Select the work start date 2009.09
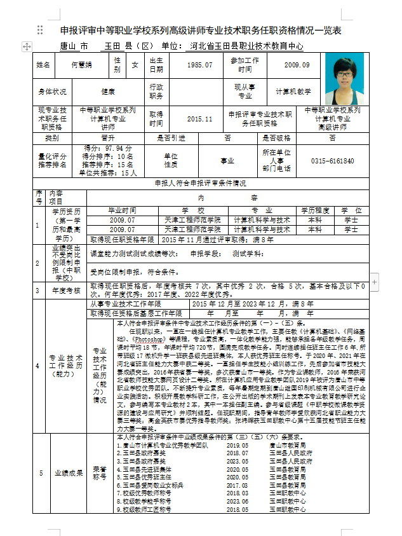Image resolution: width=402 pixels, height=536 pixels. click(x=297, y=65)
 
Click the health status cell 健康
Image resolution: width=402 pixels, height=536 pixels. click(x=108, y=92)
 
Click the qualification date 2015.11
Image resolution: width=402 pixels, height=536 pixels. click(x=200, y=119)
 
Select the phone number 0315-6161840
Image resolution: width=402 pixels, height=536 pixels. click(x=333, y=161)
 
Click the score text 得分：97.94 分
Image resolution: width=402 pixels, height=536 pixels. click(x=108, y=148)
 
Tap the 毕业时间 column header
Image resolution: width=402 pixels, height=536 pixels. click(x=122, y=210)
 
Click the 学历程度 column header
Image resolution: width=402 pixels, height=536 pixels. click(x=316, y=210)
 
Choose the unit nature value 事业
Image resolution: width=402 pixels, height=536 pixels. click(x=227, y=161)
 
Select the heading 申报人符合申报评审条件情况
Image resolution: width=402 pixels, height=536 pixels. click(x=201, y=183)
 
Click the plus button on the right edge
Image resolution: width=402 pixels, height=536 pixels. click(x=374, y=280)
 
